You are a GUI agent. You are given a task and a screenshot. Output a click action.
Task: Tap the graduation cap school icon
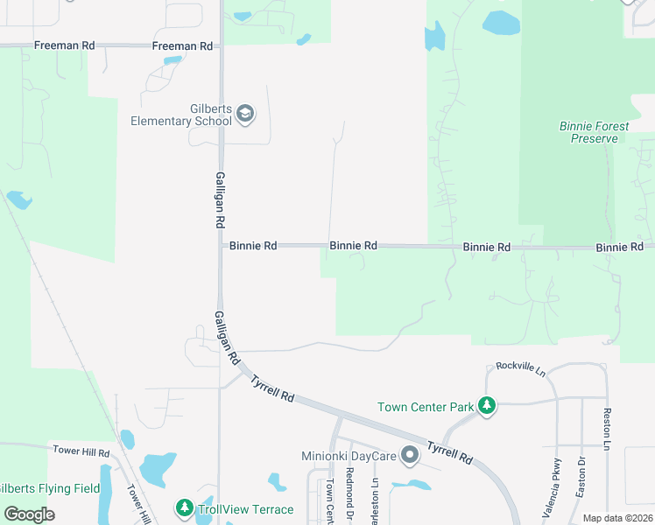coord(245,114)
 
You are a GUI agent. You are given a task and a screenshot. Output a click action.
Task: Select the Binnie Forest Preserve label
coord(594,132)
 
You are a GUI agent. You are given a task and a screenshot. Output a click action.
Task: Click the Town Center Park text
coord(425,407)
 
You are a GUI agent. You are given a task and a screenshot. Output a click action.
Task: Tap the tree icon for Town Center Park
coord(487,406)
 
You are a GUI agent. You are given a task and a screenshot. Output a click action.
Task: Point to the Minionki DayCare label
coord(350,455)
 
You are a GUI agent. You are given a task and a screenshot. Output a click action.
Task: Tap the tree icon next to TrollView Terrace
coord(184,507)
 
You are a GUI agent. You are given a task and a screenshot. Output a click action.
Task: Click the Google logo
coord(29,514)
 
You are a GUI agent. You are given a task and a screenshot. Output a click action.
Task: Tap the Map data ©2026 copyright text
coord(616,518)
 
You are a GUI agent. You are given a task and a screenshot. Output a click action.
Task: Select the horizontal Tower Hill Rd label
coord(80,452)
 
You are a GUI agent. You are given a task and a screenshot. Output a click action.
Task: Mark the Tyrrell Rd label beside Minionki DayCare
coord(449,451)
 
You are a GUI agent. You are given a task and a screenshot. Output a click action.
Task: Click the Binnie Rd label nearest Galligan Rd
coord(253,246)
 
